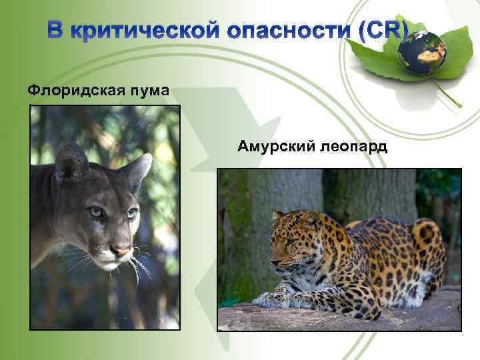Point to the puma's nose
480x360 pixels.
pos(120,251)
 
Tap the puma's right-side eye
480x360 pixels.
pos(132,213)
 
